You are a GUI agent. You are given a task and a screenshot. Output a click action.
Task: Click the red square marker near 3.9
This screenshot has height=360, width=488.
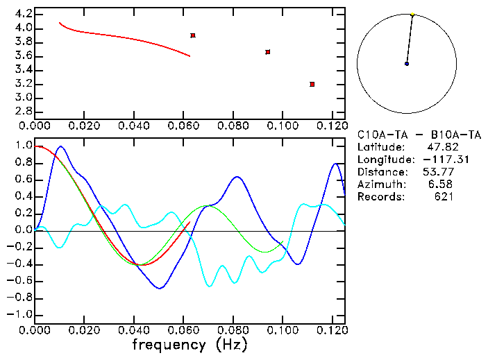[x=192, y=35]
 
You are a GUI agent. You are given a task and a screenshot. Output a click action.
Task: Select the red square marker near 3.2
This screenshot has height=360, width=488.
[x=312, y=84]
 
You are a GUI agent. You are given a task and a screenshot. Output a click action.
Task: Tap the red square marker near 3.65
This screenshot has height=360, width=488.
[x=267, y=52]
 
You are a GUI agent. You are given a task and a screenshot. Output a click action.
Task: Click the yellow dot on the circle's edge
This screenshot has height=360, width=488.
[x=412, y=14]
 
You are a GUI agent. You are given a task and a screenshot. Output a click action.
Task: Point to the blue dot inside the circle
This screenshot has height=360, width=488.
[x=407, y=64]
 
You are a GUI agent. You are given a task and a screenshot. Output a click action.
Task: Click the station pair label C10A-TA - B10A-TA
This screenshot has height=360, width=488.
[x=419, y=135]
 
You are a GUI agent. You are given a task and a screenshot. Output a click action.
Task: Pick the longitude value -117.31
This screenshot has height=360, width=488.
[x=435, y=160]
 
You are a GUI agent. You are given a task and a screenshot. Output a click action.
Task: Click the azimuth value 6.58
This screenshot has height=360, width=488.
[x=443, y=185]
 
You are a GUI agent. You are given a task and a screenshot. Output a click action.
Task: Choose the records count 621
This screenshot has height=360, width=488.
[x=445, y=197]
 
